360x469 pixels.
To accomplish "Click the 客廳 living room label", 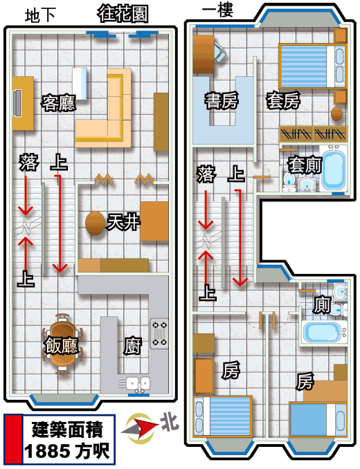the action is point(58,103).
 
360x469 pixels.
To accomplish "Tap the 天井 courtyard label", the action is point(124,222).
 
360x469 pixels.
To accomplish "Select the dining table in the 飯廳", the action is point(62,344).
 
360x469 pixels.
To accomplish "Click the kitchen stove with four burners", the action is point(159,333).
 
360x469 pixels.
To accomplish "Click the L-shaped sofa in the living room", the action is point(103,108).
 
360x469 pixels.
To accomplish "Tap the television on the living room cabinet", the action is point(17,102).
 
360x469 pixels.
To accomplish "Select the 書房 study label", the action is point(222,100).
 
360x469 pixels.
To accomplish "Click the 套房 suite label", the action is point(283,100).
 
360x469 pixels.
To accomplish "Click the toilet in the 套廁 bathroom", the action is point(289,182).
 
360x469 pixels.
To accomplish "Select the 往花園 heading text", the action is point(123,14).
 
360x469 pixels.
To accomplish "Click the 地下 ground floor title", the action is point(40,15).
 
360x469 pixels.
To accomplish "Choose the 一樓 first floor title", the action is point(217,10).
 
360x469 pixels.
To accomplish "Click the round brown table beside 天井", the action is point(95,223).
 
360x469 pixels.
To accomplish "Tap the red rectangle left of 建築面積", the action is point(13,439).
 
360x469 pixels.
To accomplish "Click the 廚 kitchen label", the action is point(132,347).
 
